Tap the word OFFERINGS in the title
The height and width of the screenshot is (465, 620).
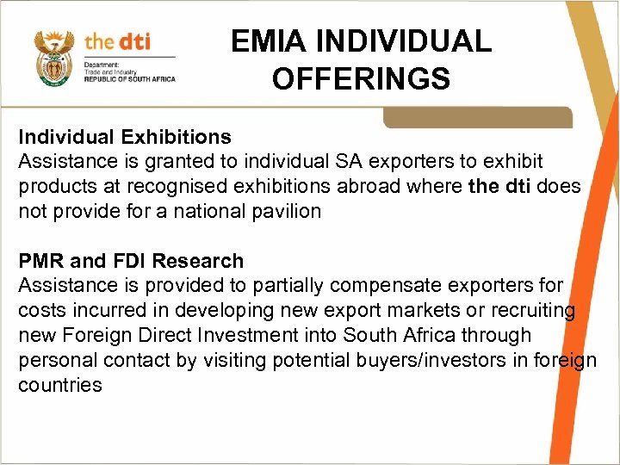(x=361, y=78)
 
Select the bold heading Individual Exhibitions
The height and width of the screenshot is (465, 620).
(x=125, y=137)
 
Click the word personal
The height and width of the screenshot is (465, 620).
(x=64, y=360)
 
